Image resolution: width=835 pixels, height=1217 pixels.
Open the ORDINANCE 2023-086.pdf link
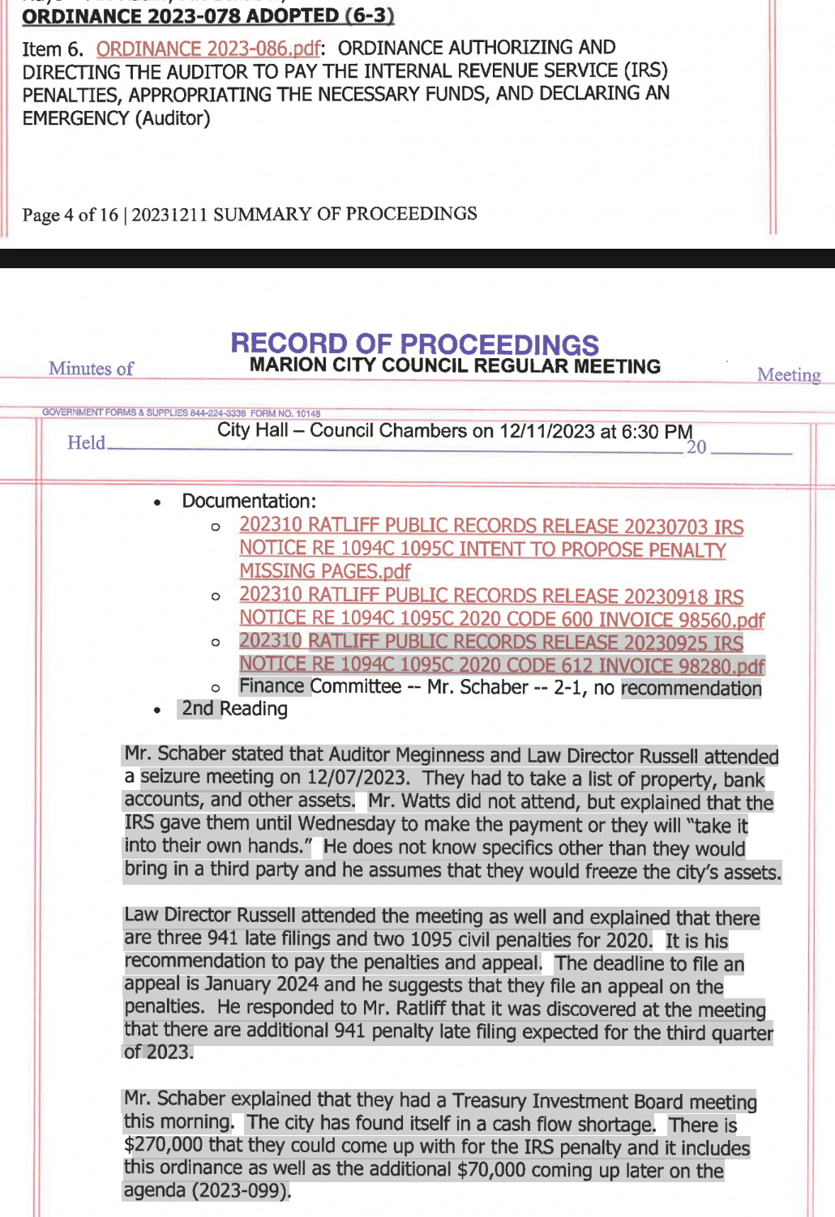(208, 49)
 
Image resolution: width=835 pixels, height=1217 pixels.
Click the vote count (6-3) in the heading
(370, 15)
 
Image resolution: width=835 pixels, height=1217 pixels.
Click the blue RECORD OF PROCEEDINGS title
(414, 344)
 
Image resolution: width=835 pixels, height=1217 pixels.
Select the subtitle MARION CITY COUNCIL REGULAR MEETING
(455, 366)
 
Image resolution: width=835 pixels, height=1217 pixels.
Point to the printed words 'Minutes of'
(91, 369)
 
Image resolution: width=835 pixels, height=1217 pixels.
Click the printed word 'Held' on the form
(86, 442)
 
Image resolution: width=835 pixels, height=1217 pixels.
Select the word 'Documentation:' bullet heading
(249, 501)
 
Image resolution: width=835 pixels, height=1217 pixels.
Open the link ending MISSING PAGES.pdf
(324, 571)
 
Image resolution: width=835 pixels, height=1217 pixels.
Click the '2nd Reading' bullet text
(234, 708)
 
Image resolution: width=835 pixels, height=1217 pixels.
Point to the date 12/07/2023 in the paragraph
(357, 778)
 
